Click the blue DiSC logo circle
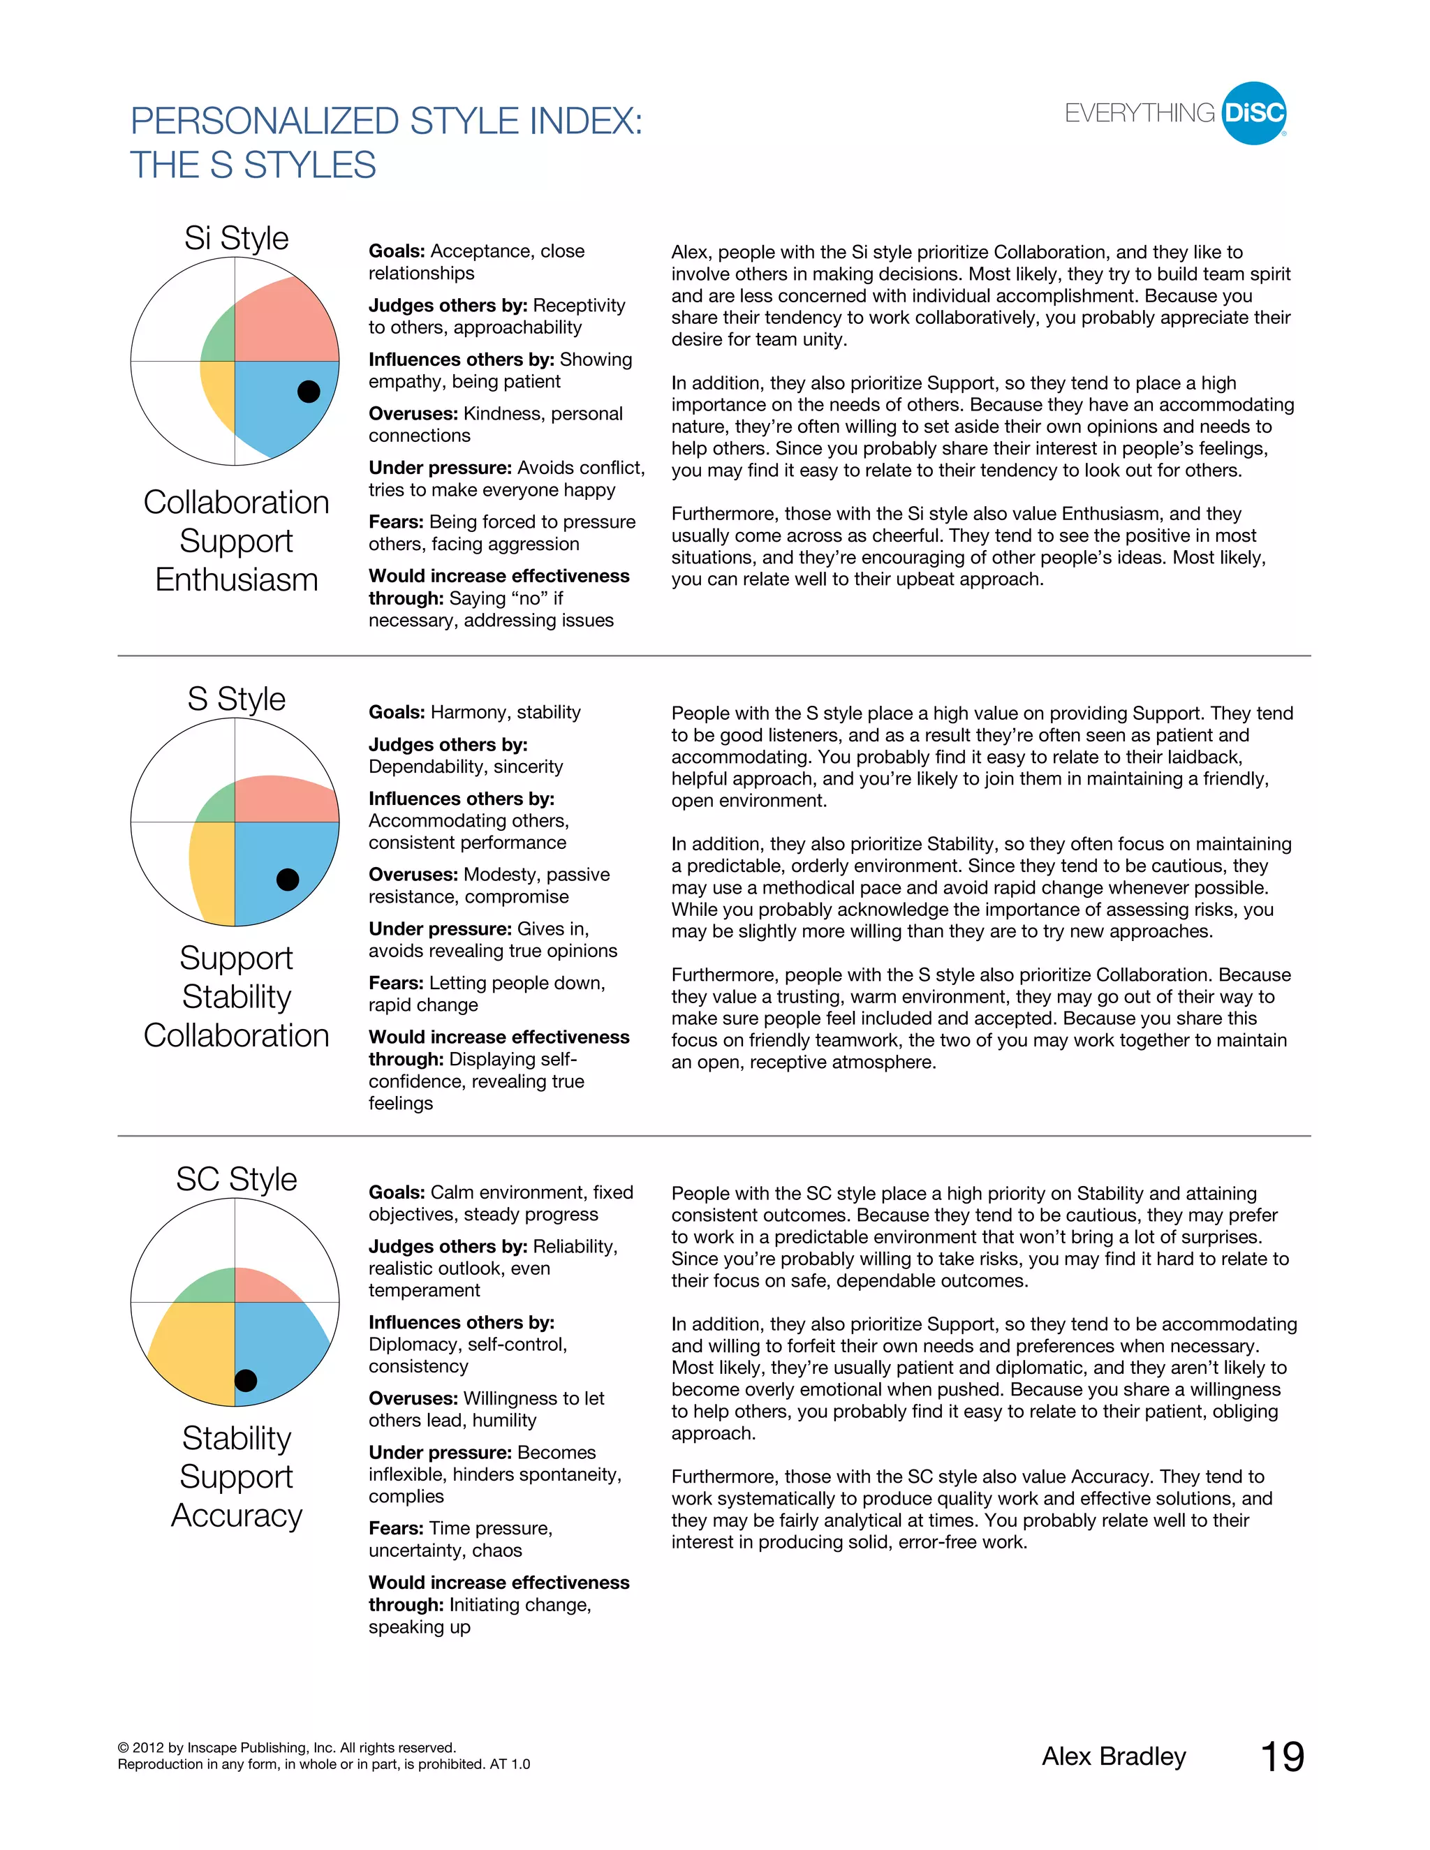1254,112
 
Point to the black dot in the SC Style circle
246,1380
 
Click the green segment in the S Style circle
219,806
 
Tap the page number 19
1282,1757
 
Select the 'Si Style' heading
237,238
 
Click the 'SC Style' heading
237,1178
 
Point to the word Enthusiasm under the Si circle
237,580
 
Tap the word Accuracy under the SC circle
237,1516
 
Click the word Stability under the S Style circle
237,997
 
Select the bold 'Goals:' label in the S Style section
397,712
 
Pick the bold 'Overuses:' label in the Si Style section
413,413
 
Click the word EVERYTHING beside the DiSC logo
1140,114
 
